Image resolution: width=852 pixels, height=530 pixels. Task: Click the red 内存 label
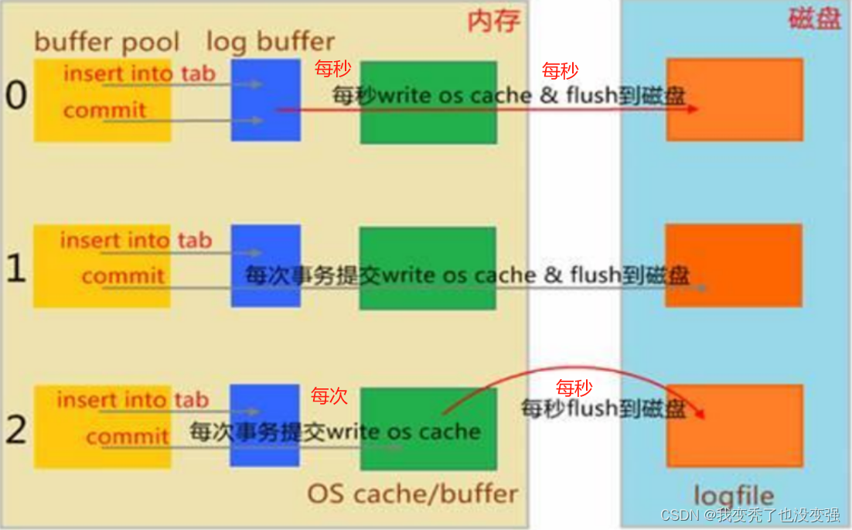coord(493,22)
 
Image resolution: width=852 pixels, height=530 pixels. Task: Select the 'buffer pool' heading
coord(107,42)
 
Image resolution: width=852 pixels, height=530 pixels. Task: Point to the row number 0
coord(15,95)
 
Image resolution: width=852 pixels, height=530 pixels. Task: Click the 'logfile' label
coord(734,495)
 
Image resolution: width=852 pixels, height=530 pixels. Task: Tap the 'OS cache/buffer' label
coord(412,493)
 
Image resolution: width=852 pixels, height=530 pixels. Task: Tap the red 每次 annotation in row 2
coord(329,397)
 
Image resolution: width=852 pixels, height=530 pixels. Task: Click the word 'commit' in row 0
coord(104,111)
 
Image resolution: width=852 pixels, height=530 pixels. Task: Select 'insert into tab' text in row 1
coord(135,241)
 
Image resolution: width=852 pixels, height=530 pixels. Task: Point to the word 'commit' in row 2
coord(127,437)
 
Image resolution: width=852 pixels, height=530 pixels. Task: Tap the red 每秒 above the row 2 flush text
coord(574,388)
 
